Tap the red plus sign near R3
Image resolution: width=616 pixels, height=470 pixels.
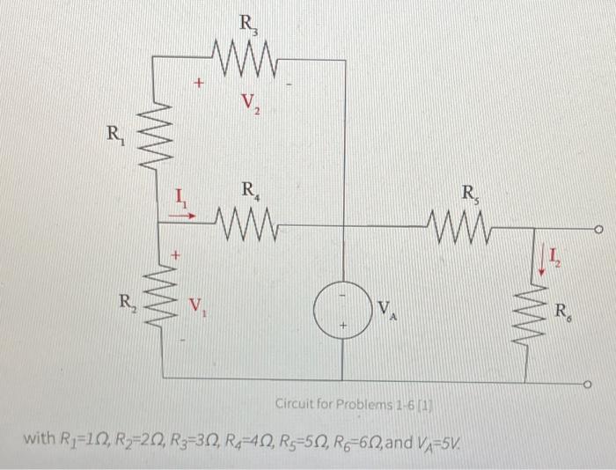(199, 84)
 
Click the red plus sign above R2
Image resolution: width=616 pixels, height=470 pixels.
(175, 254)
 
